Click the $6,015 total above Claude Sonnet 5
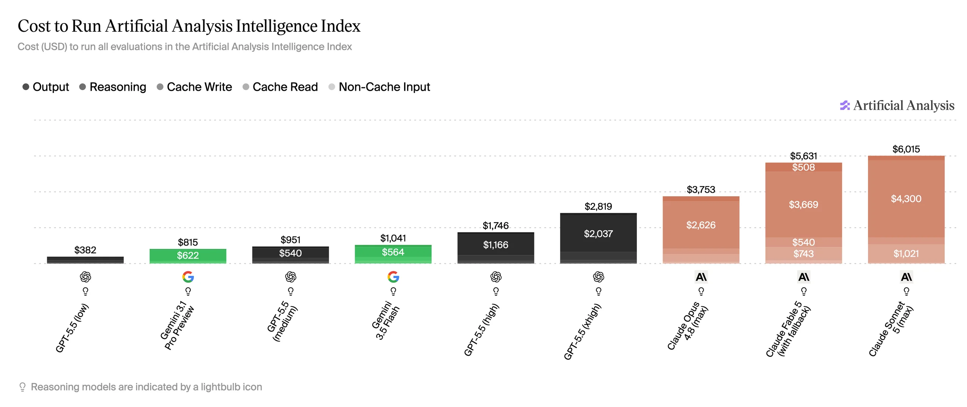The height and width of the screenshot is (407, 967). pyautogui.click(x=906, y=149)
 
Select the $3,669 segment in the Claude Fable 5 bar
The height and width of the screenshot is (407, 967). pyautogui.click(x=803, y=204)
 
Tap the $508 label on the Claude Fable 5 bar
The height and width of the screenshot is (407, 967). pyautogui.click(x=803, y=167)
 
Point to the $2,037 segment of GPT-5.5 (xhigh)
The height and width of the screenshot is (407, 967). pyautogui.click(x=598, y=233)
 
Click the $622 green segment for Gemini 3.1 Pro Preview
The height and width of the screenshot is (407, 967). pyautogui.click(x=188, y=255)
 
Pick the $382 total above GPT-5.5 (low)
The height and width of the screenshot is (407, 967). pyautogui.click(x=85, y=250)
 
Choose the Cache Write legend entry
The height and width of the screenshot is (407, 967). pyautogui.click(x=194, y=87)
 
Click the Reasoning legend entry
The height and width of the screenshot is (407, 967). pyautogui.click(x=113, y=87)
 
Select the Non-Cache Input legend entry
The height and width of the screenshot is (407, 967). pyautogui.click(x=379, y=87)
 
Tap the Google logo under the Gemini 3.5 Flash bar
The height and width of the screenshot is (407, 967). pyautogui.click(x=393, y=277)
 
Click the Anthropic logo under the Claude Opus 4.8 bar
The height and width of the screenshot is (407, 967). pyautogui.click(x=701, y=277)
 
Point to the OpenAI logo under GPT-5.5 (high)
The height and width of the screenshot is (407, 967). pyautogui.click(x=496, y=277)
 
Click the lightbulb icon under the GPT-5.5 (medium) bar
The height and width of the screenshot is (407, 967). pyautogui.click(x=290, y=291)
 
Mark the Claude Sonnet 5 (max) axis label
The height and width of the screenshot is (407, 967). pyautogui.click(x=891, y=329)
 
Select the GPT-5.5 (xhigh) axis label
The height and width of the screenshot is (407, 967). pyautogui.click(x=582, y=331)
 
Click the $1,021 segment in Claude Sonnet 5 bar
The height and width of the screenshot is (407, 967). pyautogui.click(x=906, y=253)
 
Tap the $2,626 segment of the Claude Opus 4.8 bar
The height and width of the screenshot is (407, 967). pyautogui.click(x=701, y=225)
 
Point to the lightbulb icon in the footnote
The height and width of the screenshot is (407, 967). pyautogui.click(x=22, y=387)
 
